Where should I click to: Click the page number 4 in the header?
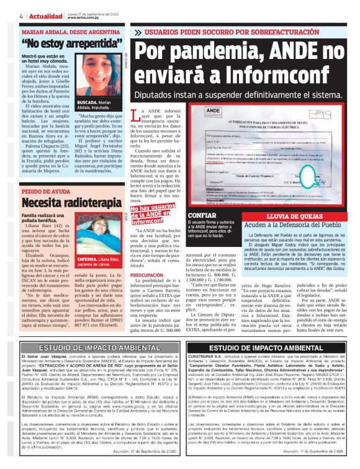[5, 16]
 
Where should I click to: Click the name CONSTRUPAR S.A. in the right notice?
[207, 358]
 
